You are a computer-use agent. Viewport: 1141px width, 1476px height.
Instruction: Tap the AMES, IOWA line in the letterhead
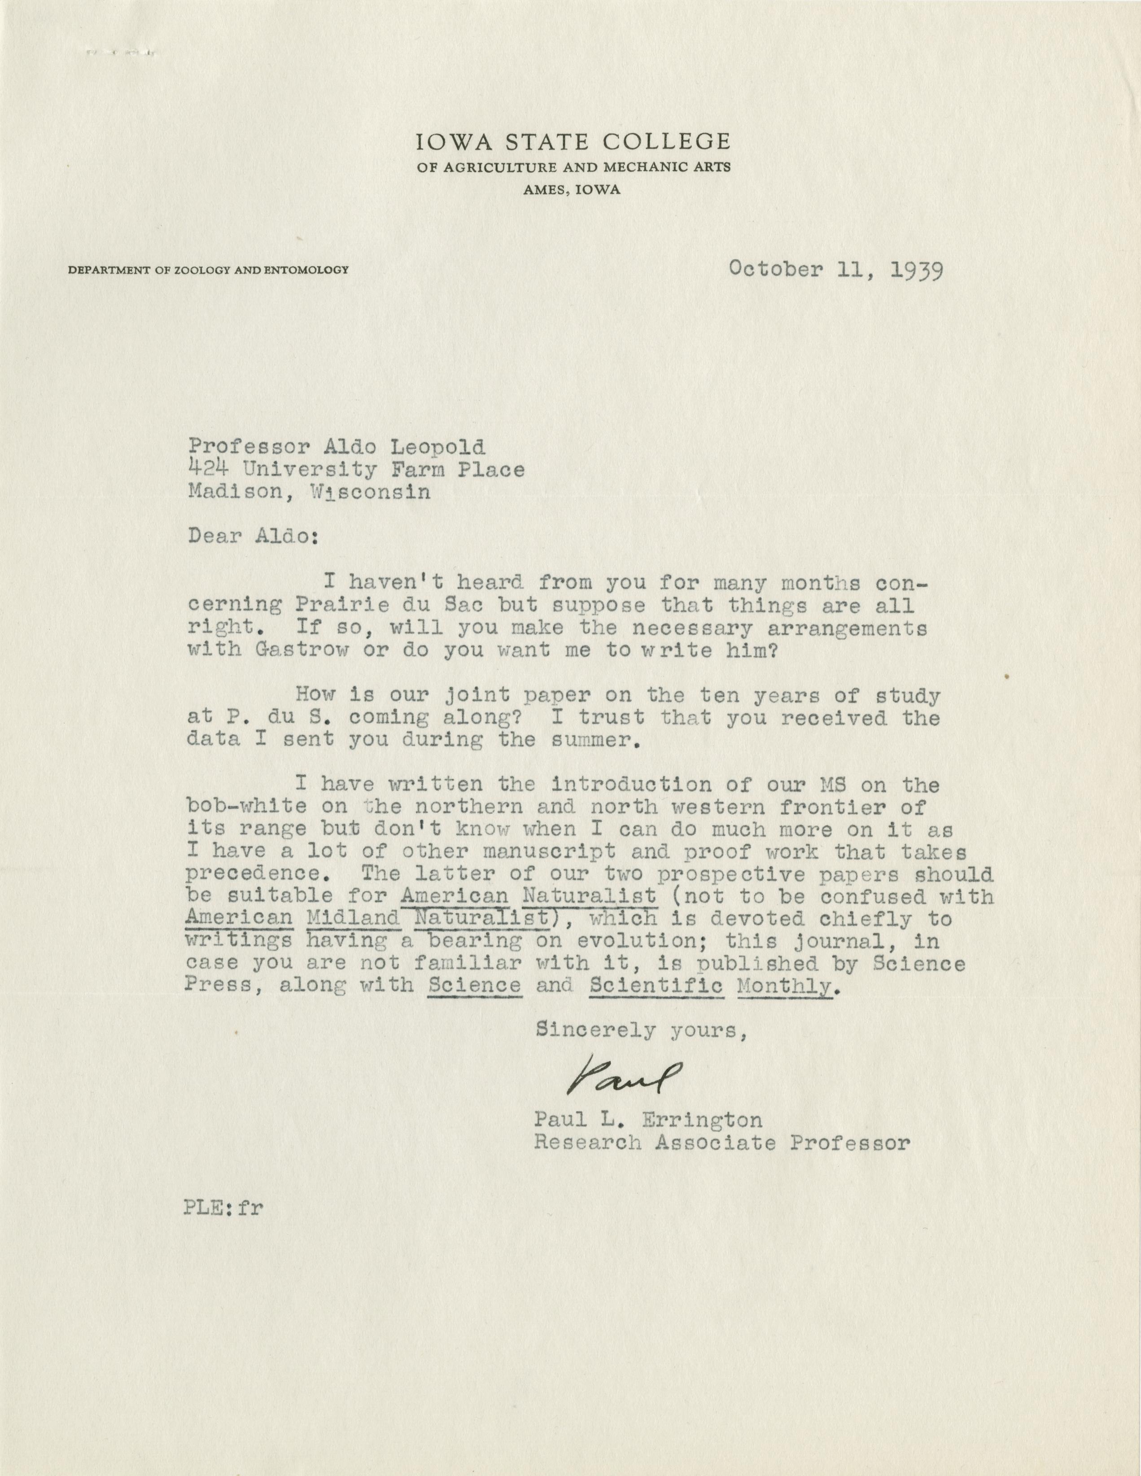(572, 191)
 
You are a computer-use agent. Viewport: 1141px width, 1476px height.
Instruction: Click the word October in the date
(775, 270)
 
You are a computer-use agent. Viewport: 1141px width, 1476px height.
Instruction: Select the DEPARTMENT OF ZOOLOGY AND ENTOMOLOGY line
(208, 270)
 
